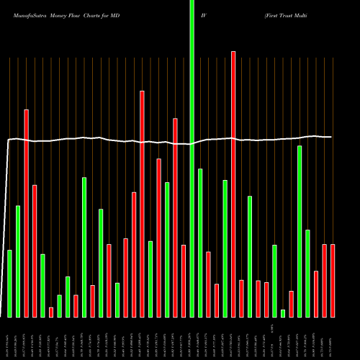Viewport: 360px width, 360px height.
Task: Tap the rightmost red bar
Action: click(333, 281)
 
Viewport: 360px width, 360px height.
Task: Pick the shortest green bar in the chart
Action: click(283, 313)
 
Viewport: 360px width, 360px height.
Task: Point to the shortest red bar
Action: click(51, 312)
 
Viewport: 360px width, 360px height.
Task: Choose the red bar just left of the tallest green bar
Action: click(184, 281)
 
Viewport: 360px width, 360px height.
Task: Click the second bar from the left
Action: click(18, 261)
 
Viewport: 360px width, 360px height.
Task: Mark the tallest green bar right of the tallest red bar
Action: click(300, 231)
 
